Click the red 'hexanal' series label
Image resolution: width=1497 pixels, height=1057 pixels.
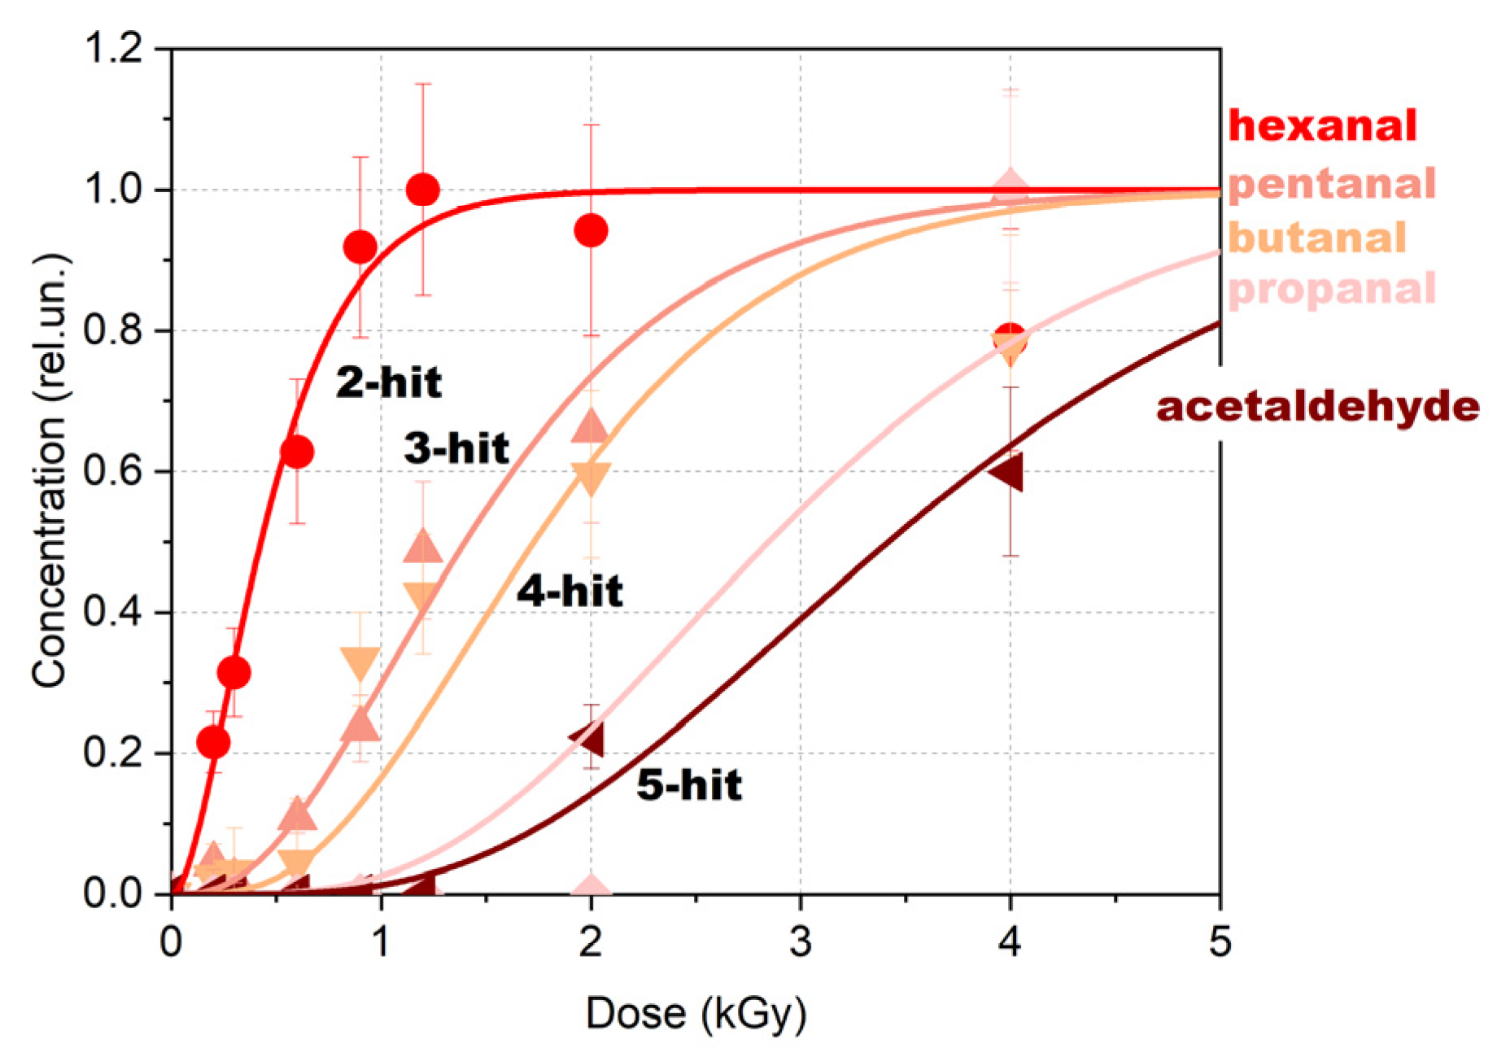1322,126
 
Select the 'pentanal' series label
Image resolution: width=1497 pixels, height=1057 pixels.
1332,184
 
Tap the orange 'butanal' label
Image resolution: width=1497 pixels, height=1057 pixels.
1317,238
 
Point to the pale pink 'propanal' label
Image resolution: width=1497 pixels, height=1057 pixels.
1332,289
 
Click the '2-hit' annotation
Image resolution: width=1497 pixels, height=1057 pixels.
389,382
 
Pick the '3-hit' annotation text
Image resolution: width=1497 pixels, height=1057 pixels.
456,448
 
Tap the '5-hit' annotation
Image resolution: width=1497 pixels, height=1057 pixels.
689,785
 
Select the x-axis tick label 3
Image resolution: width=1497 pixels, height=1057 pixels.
801,942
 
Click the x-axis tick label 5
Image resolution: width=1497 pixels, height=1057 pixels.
1220,942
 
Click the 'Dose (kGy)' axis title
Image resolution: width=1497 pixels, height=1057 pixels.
696,1014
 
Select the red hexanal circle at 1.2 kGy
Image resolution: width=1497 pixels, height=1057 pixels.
423,190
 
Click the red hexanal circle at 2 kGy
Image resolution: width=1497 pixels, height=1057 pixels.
591,230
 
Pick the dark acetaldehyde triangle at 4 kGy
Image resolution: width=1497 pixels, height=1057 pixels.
1007,472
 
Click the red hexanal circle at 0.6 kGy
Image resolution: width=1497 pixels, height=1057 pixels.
297,452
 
